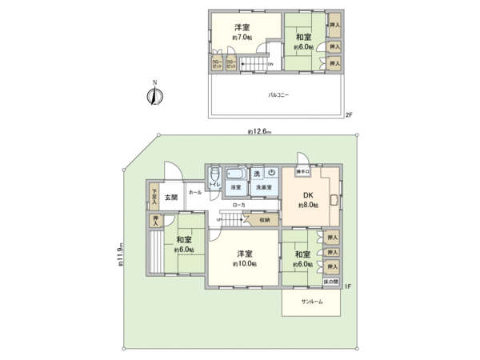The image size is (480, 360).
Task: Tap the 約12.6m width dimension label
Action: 260,131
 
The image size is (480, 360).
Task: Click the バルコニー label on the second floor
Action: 279,94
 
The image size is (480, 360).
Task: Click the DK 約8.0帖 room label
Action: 310,200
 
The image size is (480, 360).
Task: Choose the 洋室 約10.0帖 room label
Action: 244,258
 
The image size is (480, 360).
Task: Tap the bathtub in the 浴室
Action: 235,174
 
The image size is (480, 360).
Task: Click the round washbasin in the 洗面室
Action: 272,173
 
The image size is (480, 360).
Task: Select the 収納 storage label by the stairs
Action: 265,219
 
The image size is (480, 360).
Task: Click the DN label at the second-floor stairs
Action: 270,65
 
